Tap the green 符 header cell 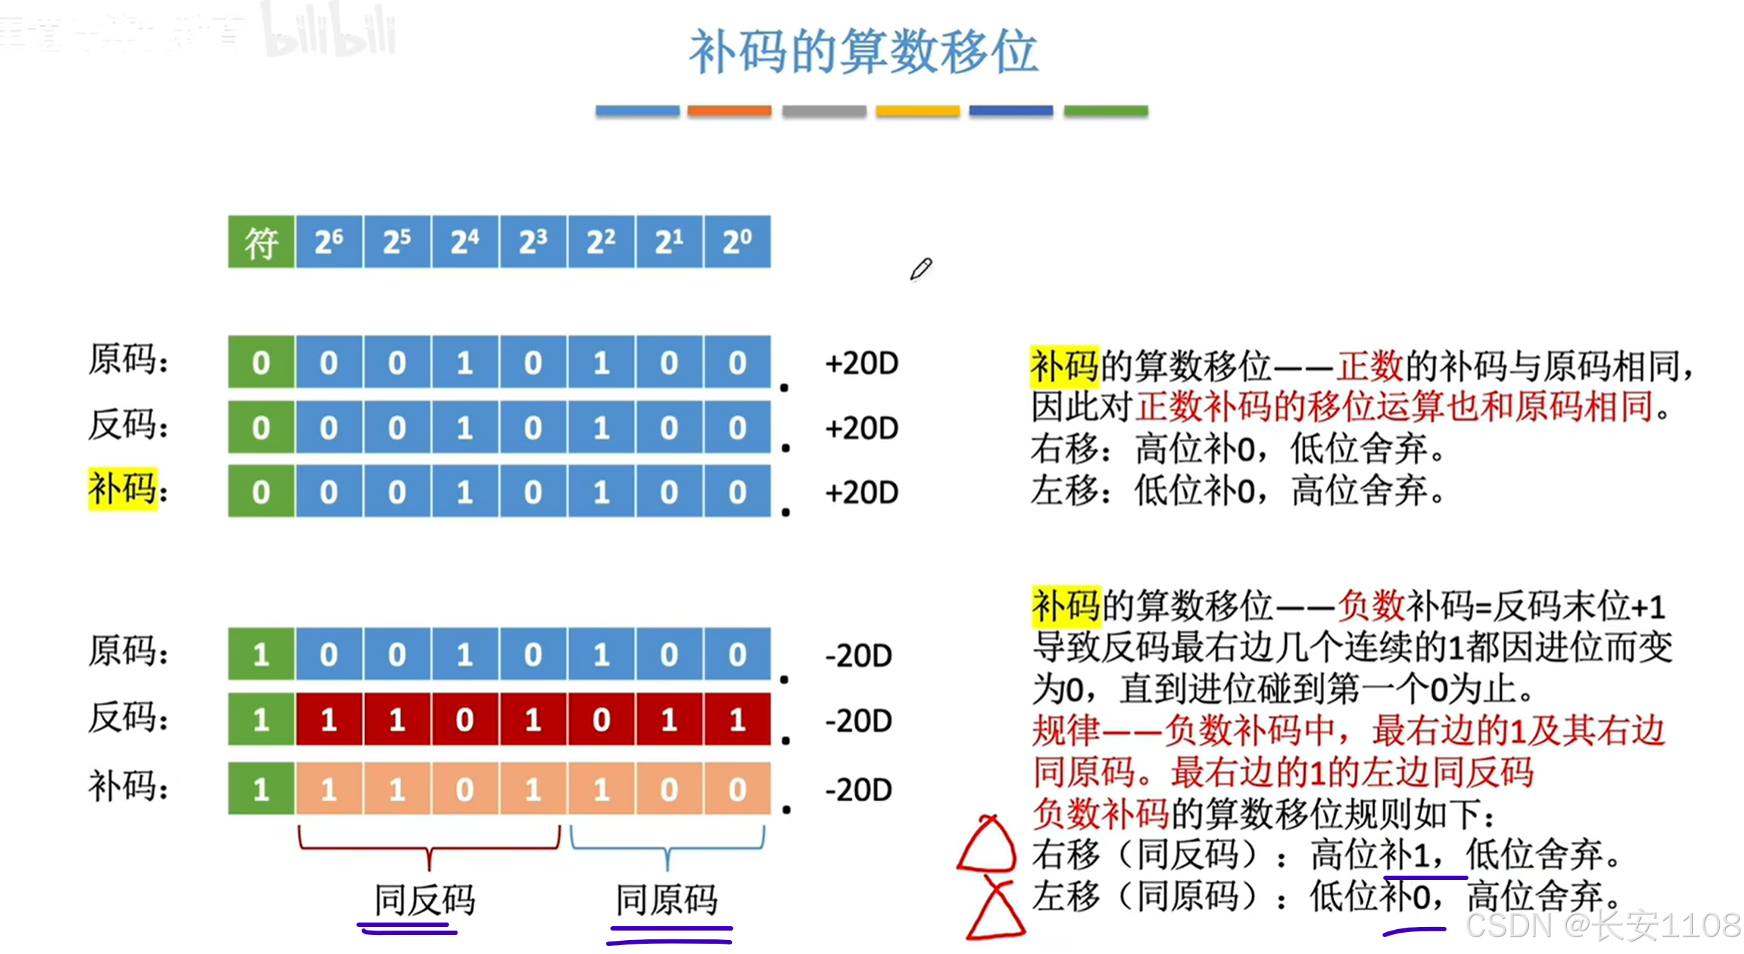(261, 242)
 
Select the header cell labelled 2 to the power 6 (329, 242)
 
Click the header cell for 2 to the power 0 (737, 242)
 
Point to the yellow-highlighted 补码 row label (122, 488)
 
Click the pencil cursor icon (921, 269)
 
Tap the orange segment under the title (729, 111)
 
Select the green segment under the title (1105, 111)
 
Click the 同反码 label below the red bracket (424, 900)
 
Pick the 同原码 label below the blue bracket (666, 900)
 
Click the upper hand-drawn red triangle (987, 846)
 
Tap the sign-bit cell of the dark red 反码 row (261, 720)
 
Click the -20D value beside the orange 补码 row (858, 790)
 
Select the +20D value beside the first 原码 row (861, 363)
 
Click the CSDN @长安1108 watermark (1603, 925)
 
